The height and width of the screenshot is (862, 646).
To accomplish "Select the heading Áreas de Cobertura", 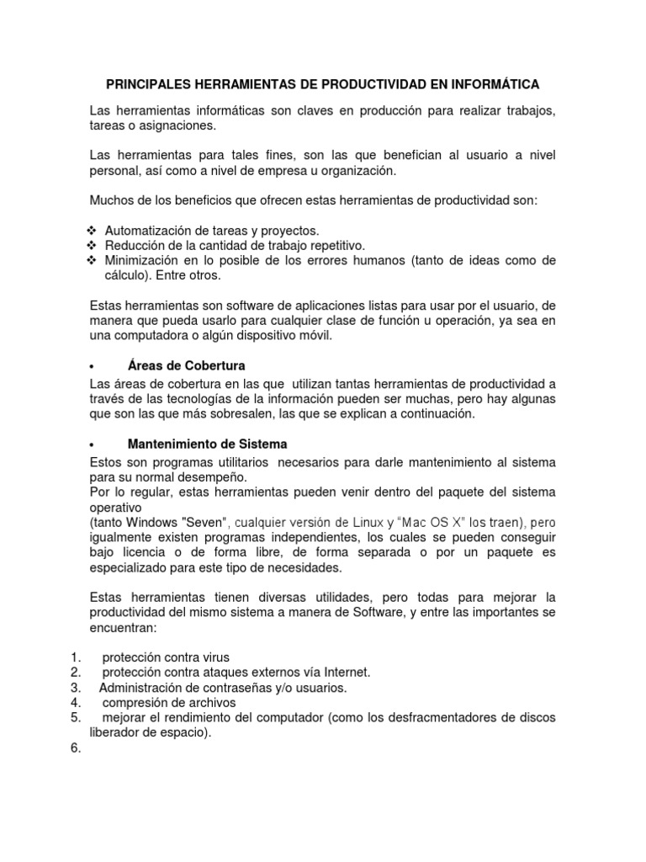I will [x=186, y=366].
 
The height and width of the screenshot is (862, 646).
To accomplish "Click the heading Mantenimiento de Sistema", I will [x=207, y=444].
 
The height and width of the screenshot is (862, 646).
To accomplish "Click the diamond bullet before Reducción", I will [x=93, y=245].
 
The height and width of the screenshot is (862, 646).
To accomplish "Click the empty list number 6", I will [x=74, y=748].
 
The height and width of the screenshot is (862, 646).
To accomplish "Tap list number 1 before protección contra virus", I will [x=74, y=657].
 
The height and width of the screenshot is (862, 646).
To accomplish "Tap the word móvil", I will [x=315, y=335].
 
